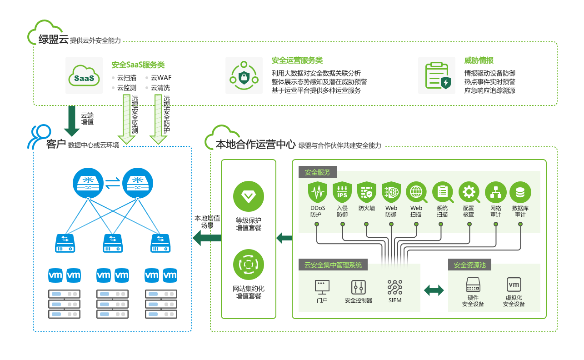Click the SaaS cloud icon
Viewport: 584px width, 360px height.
click(84, 75)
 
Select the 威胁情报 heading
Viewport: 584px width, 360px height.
click(479, 60)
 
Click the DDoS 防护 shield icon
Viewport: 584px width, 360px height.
click(318, 192)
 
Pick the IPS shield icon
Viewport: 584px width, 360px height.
click(342, 192)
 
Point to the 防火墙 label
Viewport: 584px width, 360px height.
click(367, 208)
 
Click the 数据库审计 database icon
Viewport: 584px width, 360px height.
click(520, 192)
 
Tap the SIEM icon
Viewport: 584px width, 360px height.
click(395, 287)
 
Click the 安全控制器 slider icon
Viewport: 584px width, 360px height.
click(358, 287)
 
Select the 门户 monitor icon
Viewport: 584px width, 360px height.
click(322, 287)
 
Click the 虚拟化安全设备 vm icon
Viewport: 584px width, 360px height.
click(514, 285)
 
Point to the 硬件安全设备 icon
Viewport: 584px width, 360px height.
click(473, 285)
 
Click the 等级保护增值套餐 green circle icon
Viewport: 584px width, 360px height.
click(249, 196)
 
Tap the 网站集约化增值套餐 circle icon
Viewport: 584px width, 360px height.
click(249, 264)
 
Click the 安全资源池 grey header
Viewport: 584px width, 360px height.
click(469, 265)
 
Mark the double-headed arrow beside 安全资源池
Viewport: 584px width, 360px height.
click(434, 290)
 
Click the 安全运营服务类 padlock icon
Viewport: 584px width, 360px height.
click(244, 75)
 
